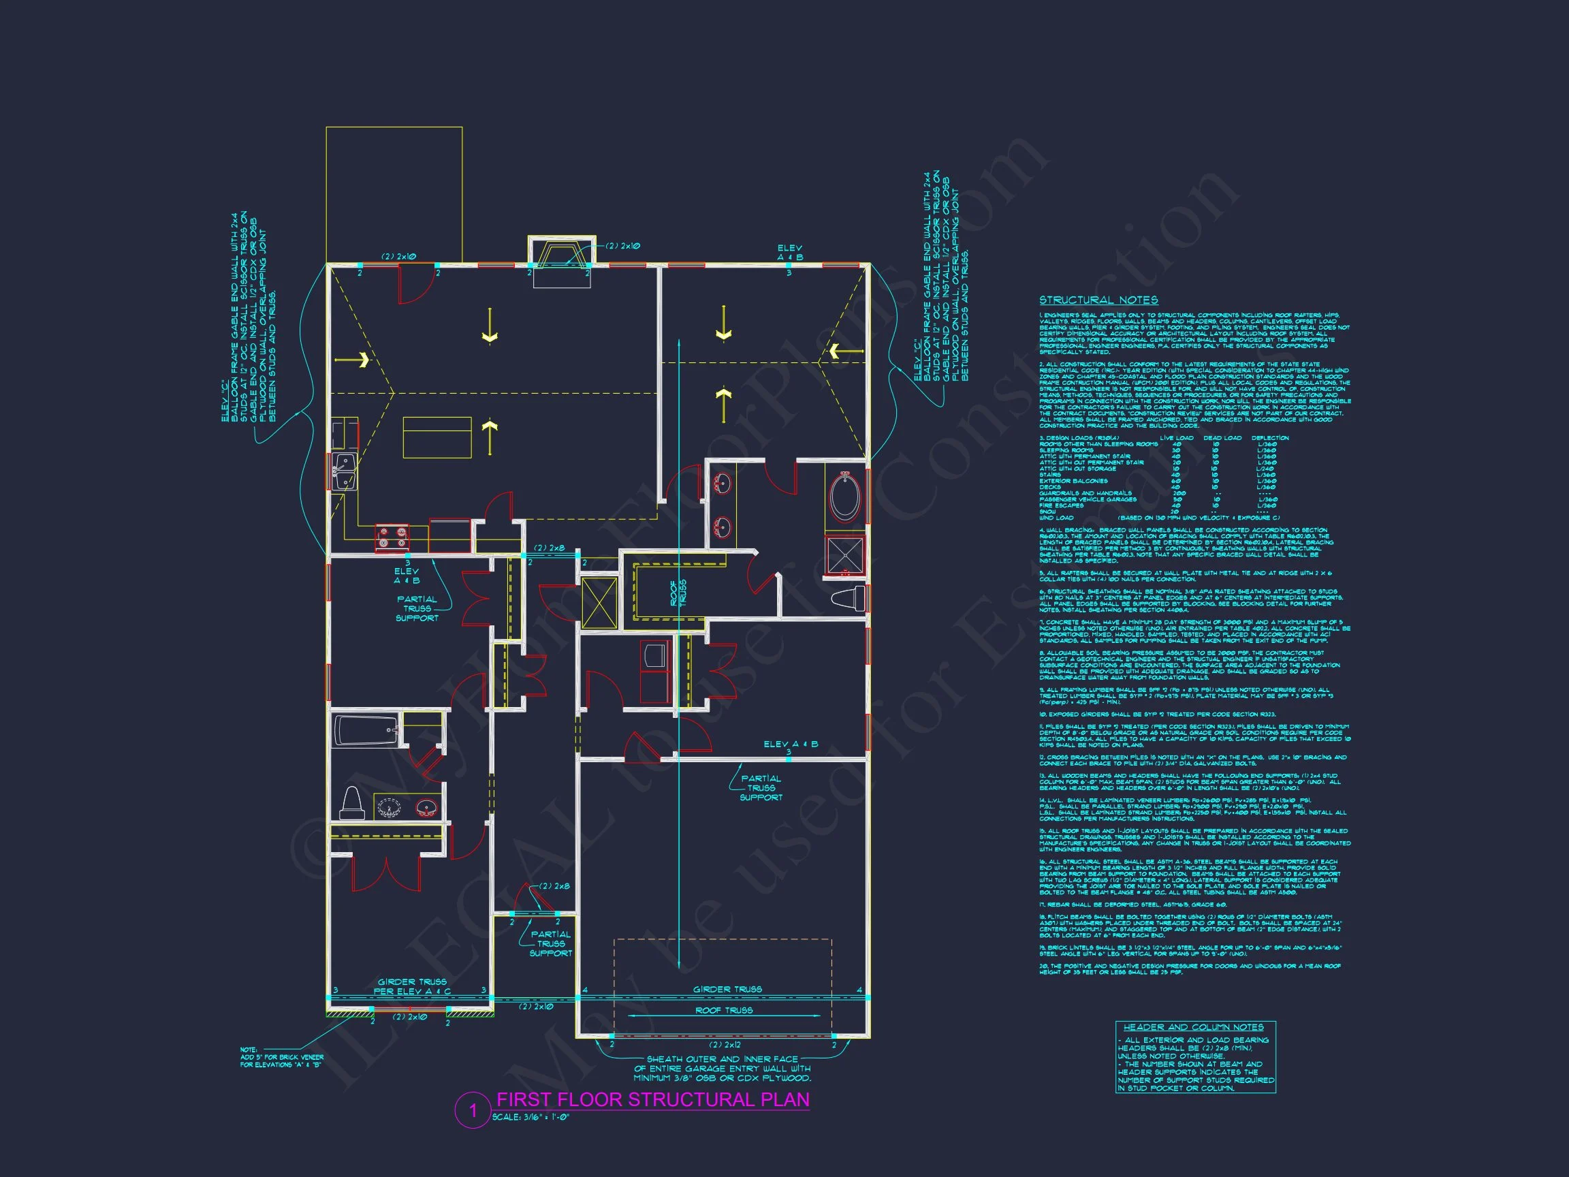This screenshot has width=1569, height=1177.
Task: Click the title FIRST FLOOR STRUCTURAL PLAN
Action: coord(652,1099)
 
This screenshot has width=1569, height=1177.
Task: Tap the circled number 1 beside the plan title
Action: coord(473,1110)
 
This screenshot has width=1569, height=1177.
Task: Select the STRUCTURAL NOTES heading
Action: coord(1098,300)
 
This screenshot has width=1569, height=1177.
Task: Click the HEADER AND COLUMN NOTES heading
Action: coord(1193,1026)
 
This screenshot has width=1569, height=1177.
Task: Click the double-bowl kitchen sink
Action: coord(345,472)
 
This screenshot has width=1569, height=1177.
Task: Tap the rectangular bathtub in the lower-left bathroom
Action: coord(366,730)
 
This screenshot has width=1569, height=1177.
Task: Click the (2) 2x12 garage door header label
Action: coord(724,1044)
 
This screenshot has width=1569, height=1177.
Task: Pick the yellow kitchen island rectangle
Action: coord(437,437)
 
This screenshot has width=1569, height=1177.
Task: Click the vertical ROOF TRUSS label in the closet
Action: coord(678,593)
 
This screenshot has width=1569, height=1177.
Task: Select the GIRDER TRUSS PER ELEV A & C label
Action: coord(412,986)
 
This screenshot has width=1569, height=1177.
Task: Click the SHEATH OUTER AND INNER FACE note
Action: coord(722,1069)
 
